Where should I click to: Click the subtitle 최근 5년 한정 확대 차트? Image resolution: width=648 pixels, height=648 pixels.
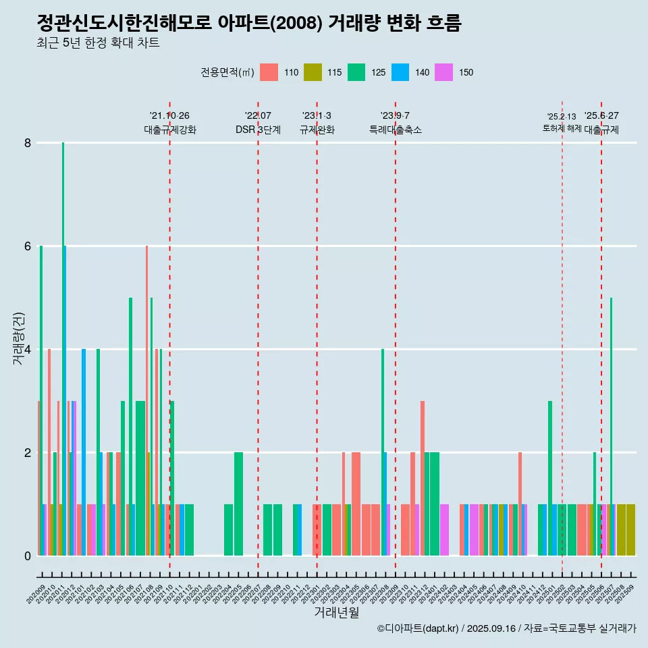pos(99,44)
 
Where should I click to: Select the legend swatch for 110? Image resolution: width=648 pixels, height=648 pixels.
pos(269,72)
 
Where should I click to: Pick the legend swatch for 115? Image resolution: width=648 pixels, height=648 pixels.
pos(313,72)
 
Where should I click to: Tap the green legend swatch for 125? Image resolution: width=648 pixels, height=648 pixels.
pos(356,72)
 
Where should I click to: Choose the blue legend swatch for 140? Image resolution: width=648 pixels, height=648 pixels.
pos(400,72)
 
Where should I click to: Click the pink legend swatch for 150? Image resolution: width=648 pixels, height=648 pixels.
pos(443,72)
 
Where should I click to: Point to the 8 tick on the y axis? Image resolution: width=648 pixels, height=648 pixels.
pos(28,143)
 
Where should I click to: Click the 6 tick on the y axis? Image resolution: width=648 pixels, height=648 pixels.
pos(28,246)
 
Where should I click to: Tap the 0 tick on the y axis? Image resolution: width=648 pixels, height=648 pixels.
pos(28,556)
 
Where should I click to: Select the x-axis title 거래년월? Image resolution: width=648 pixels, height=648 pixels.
pos(336,612)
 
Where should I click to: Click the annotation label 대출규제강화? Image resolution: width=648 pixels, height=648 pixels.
pos(169,130)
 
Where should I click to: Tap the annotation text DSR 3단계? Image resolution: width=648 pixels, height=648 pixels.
pos(258,130)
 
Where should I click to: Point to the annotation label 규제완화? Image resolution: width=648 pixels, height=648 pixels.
pos(317,130)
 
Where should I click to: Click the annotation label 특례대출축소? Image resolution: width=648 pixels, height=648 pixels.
pos(395,130)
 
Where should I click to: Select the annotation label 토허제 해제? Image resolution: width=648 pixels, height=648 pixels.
pos(562,128)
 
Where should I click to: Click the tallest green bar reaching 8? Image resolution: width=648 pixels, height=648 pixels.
pos(63,337)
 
